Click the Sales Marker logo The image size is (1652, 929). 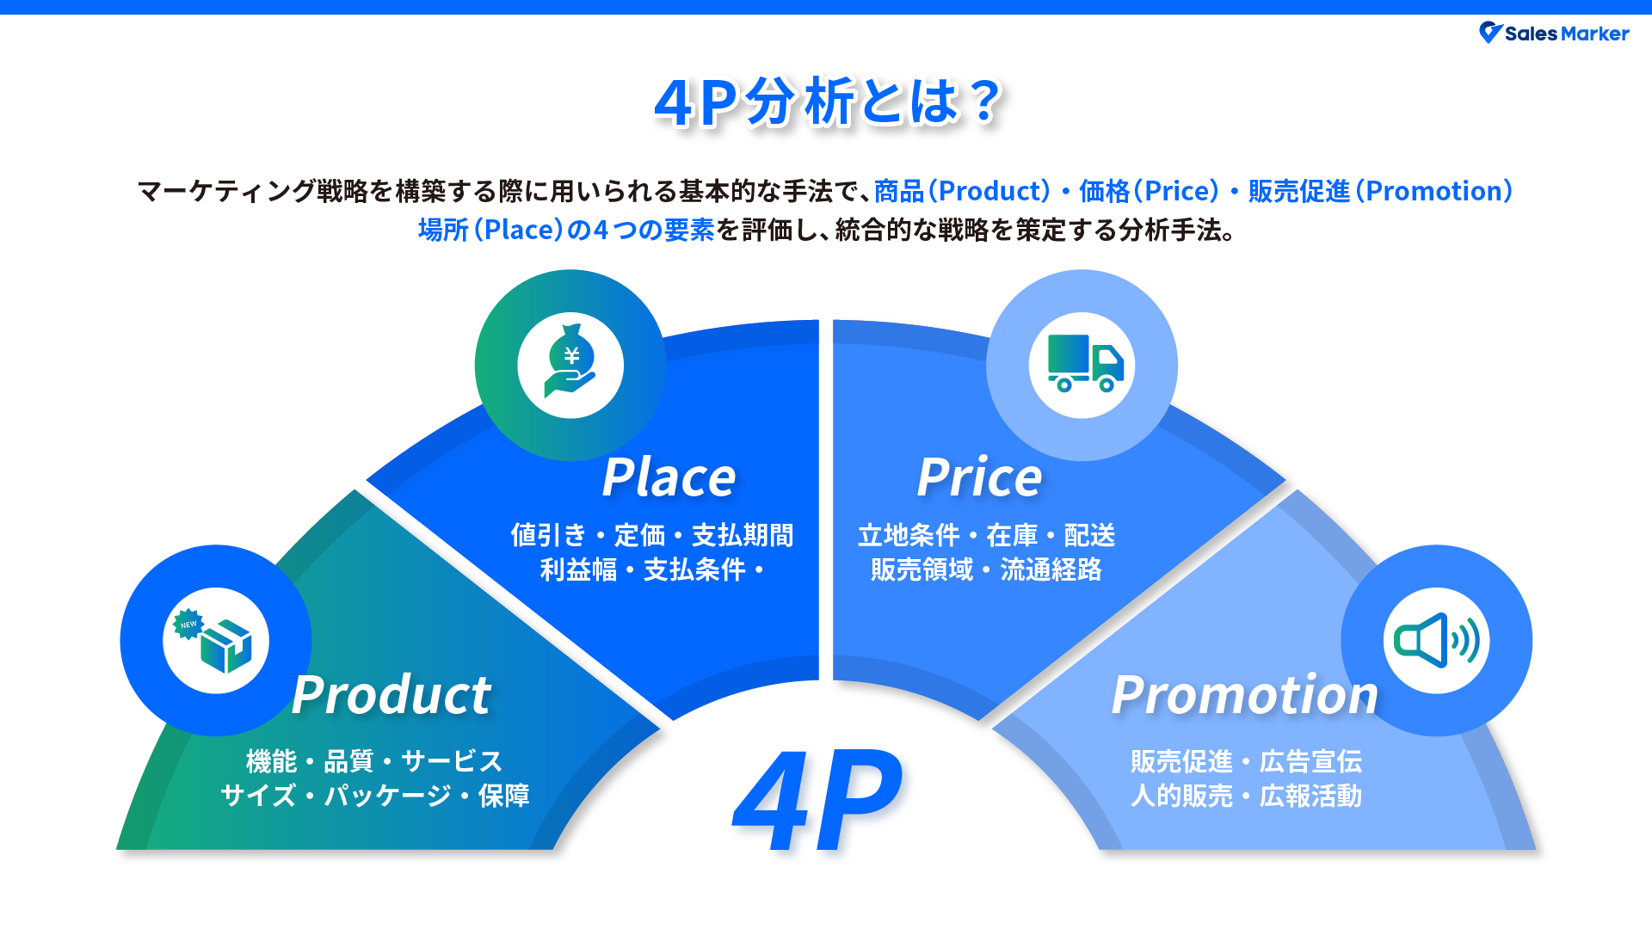1554,34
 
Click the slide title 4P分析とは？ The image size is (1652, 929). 828,102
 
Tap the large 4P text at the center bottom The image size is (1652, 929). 817,801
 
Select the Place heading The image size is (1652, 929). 669,477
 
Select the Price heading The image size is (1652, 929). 979,477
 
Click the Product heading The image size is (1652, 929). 391,695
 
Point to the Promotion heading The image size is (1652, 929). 1244,695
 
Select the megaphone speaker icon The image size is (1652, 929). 1436,641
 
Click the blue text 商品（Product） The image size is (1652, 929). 962,191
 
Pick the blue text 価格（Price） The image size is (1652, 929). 1149,191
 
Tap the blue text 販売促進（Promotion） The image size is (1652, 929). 1380,191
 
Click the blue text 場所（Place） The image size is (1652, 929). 490,231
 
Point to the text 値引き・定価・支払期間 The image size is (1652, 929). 651,535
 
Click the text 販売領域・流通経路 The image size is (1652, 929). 986,569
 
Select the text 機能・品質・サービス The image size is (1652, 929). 374,761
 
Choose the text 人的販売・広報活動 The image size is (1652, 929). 1246,796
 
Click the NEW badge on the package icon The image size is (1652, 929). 188,624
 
